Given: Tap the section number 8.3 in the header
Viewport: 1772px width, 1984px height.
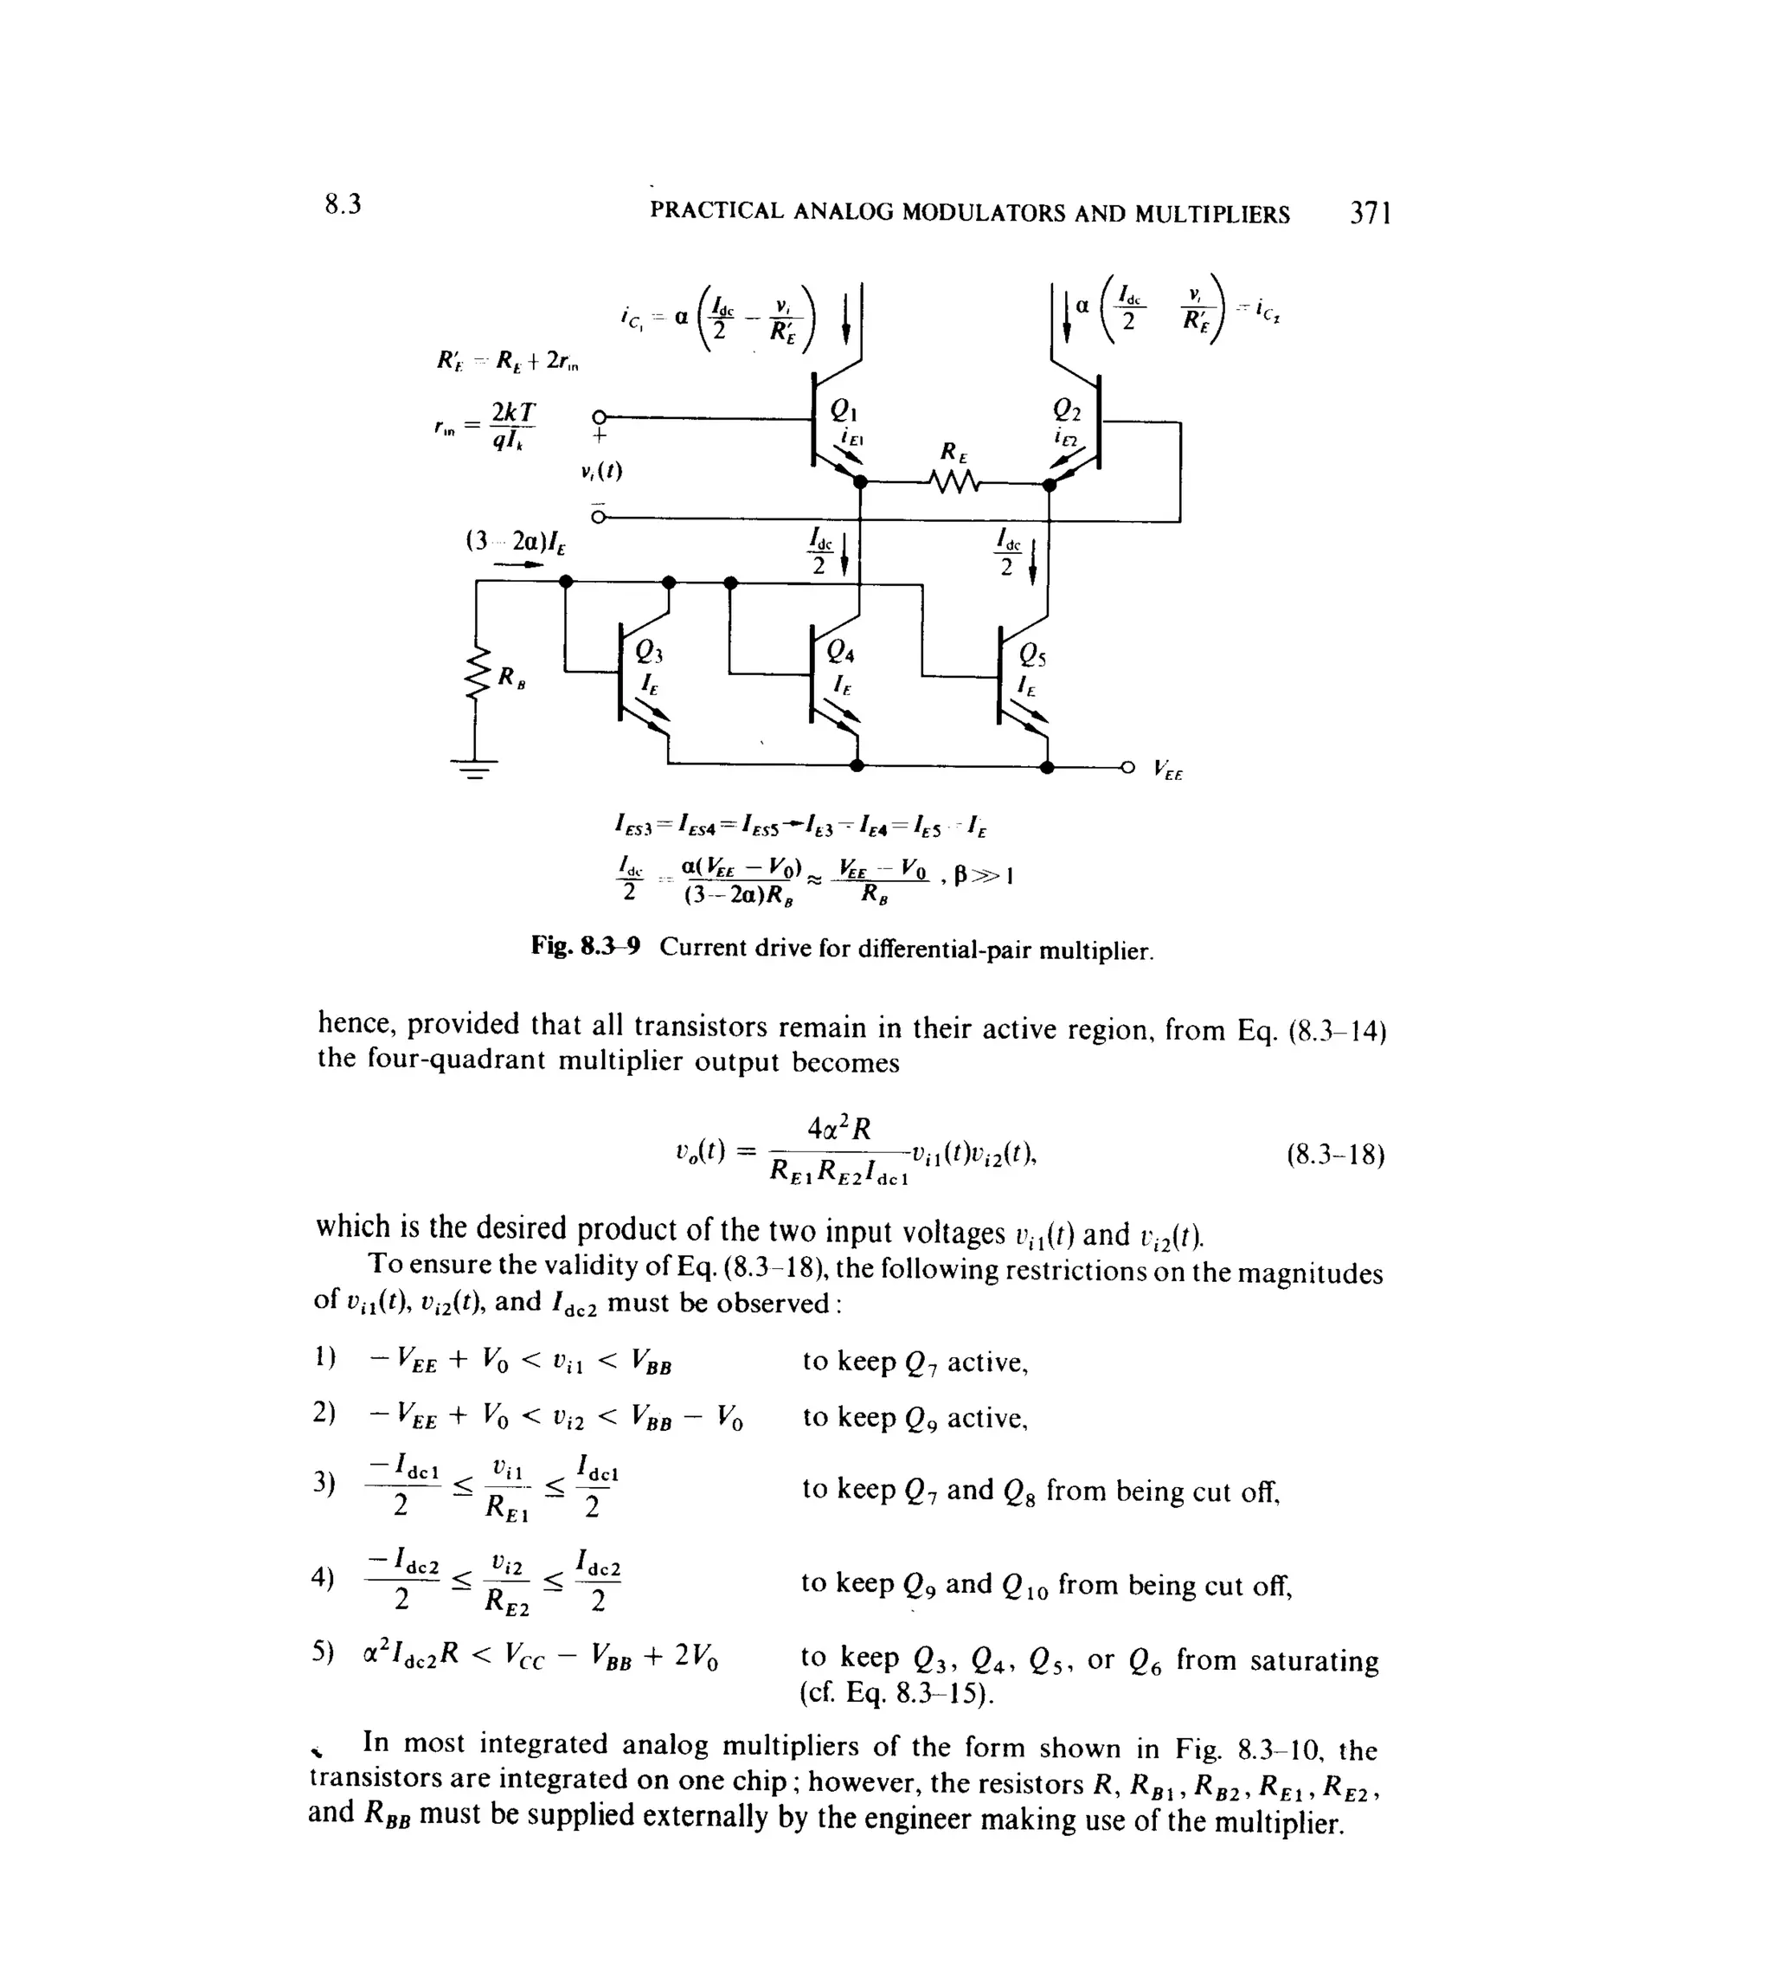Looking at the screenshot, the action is point(343,204).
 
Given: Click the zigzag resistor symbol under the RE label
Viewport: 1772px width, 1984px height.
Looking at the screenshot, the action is point(955,481).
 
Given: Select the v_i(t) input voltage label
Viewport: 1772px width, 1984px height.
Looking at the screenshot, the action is point(600,472).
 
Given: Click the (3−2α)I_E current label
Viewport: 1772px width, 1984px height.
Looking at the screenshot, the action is point(516,540).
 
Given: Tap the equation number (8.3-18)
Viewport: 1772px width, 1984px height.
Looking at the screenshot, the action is point(1335,1155).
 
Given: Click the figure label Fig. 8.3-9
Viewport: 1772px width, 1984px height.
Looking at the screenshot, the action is point(585,947).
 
